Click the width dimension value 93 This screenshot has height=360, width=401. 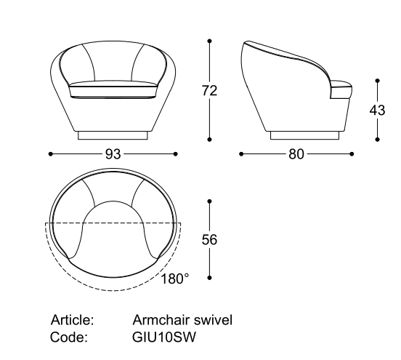113,154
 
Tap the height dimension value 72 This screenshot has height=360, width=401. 209,91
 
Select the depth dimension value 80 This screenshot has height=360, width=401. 296,154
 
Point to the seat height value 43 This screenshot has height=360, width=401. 377,111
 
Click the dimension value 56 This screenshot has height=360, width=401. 209,240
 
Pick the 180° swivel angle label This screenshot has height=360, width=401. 175,279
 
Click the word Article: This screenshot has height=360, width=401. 73,320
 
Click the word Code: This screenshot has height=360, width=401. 69,337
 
